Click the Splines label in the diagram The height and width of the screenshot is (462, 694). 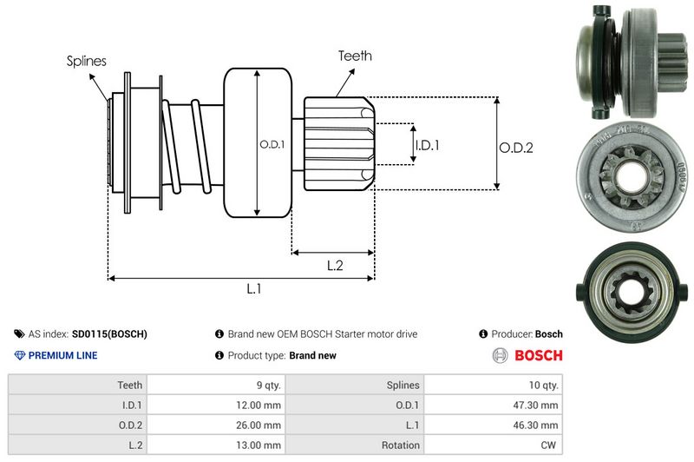pos(87,61)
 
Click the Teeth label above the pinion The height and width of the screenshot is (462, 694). pos(355,56)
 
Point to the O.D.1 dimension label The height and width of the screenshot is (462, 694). pos(272,144)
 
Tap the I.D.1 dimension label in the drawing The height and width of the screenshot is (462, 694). pos(427,145)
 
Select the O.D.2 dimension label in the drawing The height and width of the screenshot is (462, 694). pos(515,148)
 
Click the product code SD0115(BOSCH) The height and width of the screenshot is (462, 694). pos(109,333)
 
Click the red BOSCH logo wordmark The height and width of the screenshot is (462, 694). pos(539,355)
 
